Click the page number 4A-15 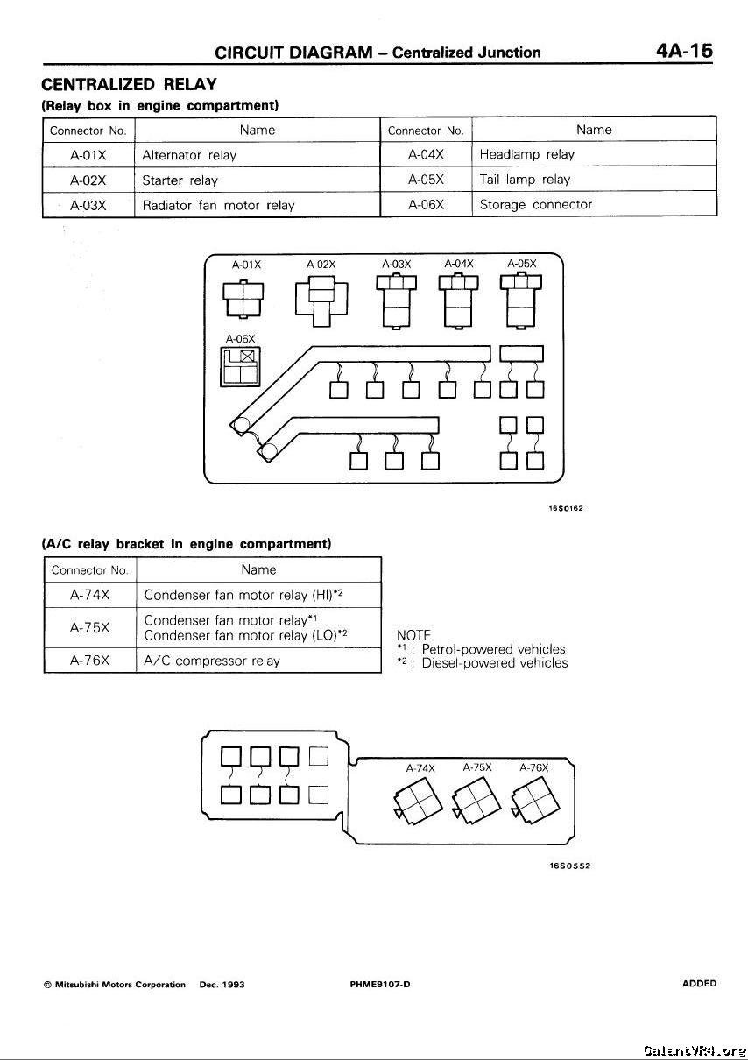pos(685,51)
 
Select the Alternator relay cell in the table pos(189,155)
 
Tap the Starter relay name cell pos(180,180)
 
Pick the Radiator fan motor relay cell pos(218,206)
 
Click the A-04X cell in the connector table pos(427,155)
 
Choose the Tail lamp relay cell pos(525,180)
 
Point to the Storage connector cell pos(536,205)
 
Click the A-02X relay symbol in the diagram pos(321,299)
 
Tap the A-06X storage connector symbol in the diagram pos(240,366)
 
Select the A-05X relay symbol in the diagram pos(521,300)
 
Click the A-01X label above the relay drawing pos(246,264)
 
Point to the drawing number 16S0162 pos(567,508)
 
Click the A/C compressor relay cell pos(212,661)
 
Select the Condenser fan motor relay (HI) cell pos(243,595)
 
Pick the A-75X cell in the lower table pos(89,628)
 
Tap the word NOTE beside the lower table pos(413,635)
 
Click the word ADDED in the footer pos(699,983)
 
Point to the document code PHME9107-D pos(380,984)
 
